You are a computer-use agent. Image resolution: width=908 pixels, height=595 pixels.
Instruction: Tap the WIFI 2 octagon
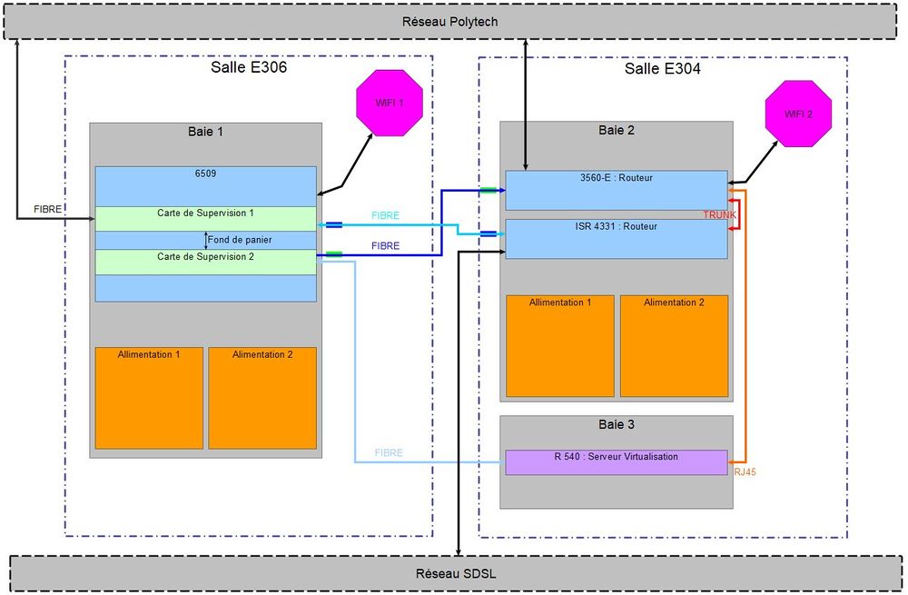pos(798,114)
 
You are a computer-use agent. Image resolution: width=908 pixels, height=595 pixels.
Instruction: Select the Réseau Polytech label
pos(450,22)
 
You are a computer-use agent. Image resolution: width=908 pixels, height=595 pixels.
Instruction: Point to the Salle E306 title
pos(249,68)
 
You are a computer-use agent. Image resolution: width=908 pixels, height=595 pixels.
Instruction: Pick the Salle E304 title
pos(663,68)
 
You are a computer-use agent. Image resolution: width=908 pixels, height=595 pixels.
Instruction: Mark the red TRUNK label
pos(718,214)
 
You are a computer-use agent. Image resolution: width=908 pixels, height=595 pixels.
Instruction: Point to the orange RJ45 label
pos(745,472)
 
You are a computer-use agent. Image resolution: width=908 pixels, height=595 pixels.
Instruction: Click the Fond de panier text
pos(240,241)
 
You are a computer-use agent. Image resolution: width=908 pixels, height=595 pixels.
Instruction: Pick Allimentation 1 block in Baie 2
pos(560,345)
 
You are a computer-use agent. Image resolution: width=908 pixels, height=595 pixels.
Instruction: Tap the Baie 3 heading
pos(617,424)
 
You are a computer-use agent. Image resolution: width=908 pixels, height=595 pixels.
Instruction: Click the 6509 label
pos(205,173)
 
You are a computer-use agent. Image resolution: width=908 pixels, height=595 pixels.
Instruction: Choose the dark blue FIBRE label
pos(385,246)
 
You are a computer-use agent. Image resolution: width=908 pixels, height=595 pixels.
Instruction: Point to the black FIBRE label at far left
pos(47,209)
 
